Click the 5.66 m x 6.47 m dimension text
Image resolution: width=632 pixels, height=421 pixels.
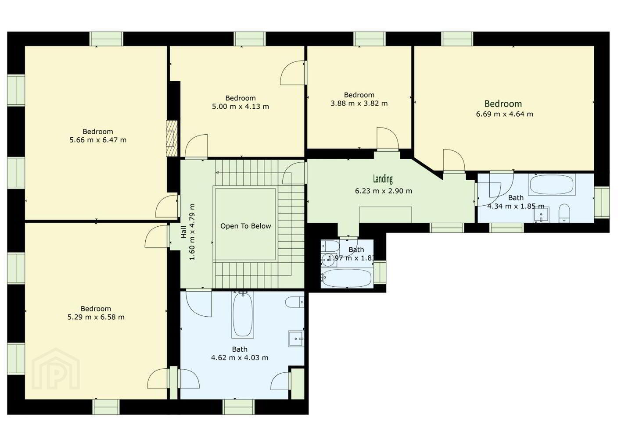[98, 140]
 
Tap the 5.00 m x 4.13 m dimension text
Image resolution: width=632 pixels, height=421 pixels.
[241, 107]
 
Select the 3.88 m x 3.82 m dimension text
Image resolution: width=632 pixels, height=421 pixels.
[359, 103]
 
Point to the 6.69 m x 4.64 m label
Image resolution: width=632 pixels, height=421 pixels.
[504, 114]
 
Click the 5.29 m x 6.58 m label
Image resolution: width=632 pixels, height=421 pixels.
[96, 317]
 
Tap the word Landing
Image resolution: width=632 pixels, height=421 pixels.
[383, 179]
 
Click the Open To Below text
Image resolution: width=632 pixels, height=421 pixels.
[245, 226]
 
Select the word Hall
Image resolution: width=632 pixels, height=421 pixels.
[183, 232]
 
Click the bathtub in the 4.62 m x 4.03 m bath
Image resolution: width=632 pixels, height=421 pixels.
[243, 314]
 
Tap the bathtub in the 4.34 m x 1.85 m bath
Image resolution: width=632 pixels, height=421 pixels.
[552, 184]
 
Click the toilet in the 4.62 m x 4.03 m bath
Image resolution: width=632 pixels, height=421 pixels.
[294, 302]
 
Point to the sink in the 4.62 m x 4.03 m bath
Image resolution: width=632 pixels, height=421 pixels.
[296, 339]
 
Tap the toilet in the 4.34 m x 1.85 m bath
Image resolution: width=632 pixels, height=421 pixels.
[564, 213]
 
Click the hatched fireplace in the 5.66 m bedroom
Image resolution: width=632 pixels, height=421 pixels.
[172, 139]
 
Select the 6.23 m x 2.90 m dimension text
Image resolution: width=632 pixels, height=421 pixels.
[384, 191]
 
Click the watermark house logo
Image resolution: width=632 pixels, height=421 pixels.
[56, 369]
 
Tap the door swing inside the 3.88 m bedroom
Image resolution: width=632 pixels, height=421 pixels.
[388, 138]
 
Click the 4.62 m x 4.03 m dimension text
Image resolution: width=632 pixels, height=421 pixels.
[240, 357]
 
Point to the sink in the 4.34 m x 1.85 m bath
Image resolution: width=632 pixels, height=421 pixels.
[541, 215]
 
